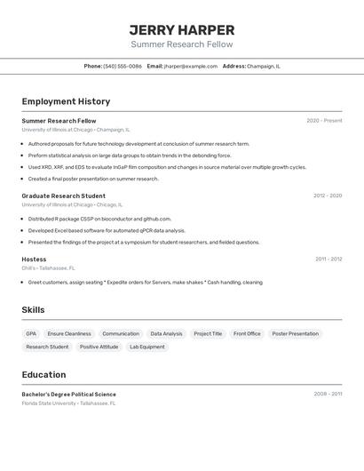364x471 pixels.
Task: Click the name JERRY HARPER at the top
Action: pos(181,29)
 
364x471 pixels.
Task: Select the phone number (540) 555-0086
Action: pos(123,66)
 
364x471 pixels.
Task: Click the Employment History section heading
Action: pos(66,101)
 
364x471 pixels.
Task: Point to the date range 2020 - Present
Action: pos(324,120)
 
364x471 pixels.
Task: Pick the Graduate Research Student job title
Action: pos(63,196)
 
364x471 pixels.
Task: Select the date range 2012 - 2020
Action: pos(327,196)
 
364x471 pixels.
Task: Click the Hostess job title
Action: pos(34,259)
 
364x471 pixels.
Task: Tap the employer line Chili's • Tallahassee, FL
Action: pos(48,267)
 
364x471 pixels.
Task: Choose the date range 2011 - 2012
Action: pos(328,259)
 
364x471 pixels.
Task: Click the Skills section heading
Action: pos(33,310)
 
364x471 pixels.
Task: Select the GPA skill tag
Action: pos(31,334)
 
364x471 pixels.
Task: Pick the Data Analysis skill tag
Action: pos(166,334)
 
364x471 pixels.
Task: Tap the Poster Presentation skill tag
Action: pos(295,334)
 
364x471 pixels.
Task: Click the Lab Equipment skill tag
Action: pos(146,347)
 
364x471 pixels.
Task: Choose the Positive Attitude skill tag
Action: pos(99,347)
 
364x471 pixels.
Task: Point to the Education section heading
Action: pos(44,374)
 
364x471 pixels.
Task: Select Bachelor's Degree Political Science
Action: pos(68,394)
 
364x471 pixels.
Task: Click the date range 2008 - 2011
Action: pos(328,394)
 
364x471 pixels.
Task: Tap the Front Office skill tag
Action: pos(247,334)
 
